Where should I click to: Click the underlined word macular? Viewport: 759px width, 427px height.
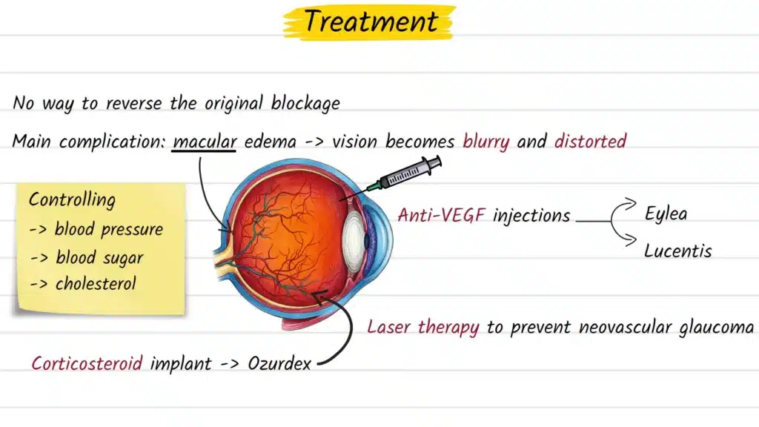[204, 141]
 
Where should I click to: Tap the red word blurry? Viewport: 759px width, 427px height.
[486, 141]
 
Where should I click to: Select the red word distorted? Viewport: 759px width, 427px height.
[590, 141]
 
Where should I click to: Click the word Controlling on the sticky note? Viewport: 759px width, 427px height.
[72, 199]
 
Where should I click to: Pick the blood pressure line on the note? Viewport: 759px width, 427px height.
[96, 228]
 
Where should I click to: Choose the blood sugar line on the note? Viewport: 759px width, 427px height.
[87, 258]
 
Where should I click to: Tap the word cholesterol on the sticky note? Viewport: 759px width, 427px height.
[95, 284]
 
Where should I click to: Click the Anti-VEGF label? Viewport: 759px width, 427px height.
[442, 216]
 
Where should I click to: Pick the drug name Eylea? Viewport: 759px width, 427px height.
[666, 214]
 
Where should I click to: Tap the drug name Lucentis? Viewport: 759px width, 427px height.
[677, 251]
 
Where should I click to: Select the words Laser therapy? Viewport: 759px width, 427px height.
[423, 327]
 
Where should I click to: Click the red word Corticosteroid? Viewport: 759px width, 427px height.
[88, 364]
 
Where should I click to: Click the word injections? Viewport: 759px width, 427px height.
[531, 216]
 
